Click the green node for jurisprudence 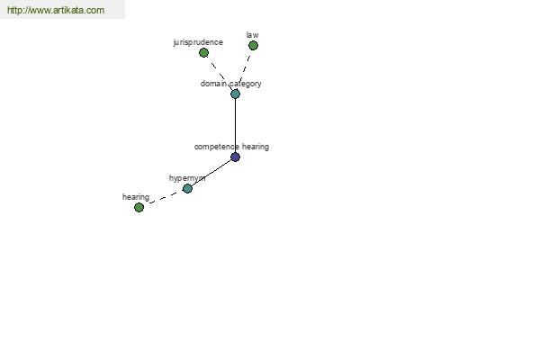click(204, 53)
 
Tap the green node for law click(253, 46)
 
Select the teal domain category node click(235, 94)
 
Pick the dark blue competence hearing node click(235, 157)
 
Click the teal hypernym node click(187, 188)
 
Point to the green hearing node click(139, 207)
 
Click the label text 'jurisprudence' click(198, 42)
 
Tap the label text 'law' click(252, 35)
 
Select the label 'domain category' click(230, 84)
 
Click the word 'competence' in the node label click(217, 147)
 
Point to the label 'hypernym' click(187, 178)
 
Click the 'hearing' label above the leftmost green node click(136, 197)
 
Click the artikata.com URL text click(56, 10)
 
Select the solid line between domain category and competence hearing click(235, 125)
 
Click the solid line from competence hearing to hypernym click(211, 173)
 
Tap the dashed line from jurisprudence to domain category click(220, 74)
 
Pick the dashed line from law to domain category click(244, 70)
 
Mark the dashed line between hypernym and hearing click(164, 198)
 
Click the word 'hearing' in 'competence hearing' click(256, 147)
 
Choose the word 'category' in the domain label click(246, 84)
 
